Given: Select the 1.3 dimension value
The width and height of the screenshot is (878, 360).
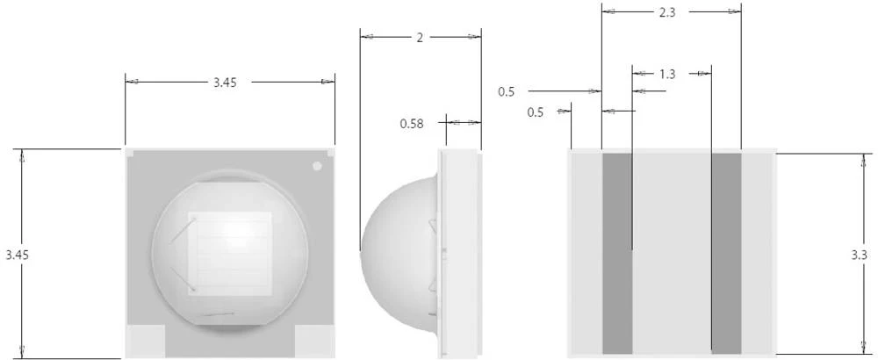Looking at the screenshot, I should click(667, 74).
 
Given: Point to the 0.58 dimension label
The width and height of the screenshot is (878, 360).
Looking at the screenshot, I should click(412, 124).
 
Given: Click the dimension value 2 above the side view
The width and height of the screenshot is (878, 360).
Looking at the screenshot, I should click(420, 37).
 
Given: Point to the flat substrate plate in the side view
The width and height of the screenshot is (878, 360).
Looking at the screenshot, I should click(459, 253).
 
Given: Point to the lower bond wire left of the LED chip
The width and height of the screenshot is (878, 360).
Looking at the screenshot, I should click(184, 279).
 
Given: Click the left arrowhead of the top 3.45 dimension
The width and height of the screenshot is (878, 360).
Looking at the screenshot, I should click(133, 82).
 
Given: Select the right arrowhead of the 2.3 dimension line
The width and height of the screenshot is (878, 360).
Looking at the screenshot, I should click(734, 11).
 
